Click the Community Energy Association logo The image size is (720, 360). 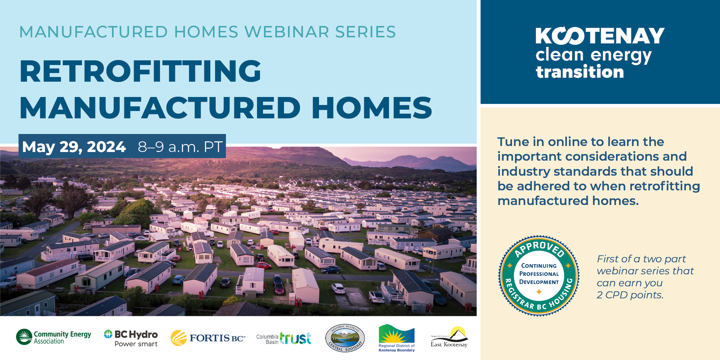click(x=53, y=337)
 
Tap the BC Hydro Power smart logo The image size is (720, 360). click(x=131, y=338)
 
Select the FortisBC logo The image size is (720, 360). click(x=208, y=338)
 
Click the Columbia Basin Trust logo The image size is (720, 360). click(x=284, y=338)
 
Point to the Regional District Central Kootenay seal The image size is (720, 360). click(x=345, y=338)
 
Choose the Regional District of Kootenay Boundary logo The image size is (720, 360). click(x=397, y=338)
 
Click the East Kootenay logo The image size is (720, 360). click(x=449, y=337)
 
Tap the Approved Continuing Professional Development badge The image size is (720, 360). click(x=539, y=276)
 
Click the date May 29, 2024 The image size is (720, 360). click(x=74, y=147)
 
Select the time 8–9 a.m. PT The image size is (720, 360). click(x=180, y=147)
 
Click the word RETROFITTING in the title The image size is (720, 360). click(x=140, y=71)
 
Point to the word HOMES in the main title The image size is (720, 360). click(x=372, y=108)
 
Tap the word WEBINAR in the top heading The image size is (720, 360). click(x=287, y=32)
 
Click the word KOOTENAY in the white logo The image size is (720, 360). click(x=600, y=36)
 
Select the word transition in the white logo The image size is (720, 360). click(x=580, y=72)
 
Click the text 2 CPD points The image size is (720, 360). click(x=630, y=295)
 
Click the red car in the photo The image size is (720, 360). click(x=264, y=265)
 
